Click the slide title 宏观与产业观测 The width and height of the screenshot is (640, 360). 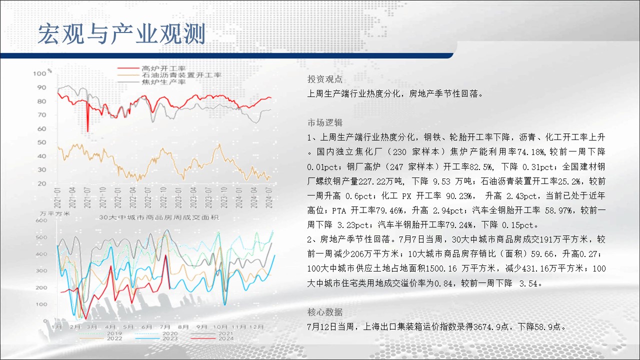click(121, 34)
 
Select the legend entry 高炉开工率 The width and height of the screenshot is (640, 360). click(163, 68)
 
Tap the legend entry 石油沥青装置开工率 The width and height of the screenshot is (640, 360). click(181, 75)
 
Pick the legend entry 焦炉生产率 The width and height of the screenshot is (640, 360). click(163, 82)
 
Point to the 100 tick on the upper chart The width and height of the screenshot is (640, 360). click(39, 73)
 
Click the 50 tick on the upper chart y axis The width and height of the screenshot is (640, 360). click(41, 142)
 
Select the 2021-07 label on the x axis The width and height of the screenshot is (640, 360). click(87, 197)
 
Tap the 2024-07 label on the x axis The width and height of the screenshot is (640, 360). click(269, 197)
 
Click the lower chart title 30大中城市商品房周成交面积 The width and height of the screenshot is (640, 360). click(159, 217)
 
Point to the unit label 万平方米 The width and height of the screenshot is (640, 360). click(54, 213)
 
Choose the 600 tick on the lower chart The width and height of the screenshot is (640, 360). click(41, 220)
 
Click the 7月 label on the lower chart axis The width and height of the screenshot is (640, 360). click(165, 327)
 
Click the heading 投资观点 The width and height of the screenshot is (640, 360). click(325, 79)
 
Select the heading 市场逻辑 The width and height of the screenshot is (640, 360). click(325, 122)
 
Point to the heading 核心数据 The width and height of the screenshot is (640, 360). click(325, 312)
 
